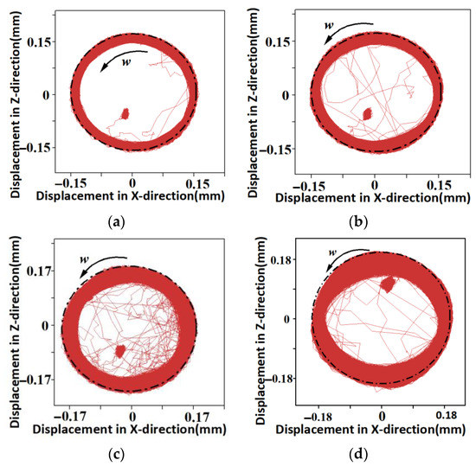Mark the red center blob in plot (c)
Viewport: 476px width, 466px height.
pyautogui.click(x=121, y=350)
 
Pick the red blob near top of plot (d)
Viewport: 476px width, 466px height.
pyautogui.click(x=388, y=284)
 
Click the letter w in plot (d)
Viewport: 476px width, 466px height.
pyautogui.click(x=331, y=252)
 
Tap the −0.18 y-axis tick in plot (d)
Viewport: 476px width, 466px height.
pyautogui.click(x=281, y=379)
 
